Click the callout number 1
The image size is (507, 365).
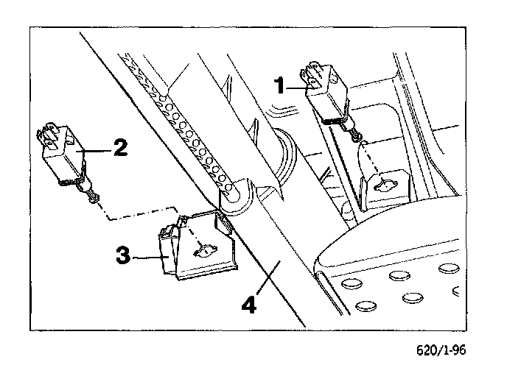coord(280,85)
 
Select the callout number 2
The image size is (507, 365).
coord(120,146)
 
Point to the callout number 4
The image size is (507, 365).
coord(252,303)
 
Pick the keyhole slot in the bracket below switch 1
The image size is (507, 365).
coord(385,187)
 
